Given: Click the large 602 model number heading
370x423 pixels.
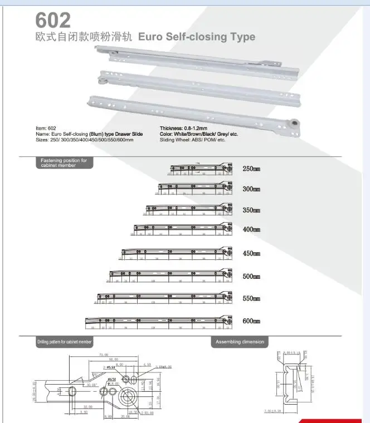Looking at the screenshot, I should [x=53, y=20].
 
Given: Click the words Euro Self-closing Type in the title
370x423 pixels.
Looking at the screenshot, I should [x=196, y=37].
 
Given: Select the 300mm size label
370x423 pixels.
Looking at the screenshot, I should [x=251, y=189].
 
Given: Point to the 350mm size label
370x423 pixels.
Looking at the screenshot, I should [x=251, y=210].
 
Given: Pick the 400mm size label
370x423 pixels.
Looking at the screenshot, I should [x=251, y=229].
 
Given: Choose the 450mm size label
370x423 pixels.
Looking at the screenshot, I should [x=251, y=253].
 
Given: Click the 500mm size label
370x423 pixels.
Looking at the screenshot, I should [x=251, y=276].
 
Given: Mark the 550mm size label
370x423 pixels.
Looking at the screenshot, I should [x=251, y=298].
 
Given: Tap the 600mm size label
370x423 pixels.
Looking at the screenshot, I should [x=251, y=322].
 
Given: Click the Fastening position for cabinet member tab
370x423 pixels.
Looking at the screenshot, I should [x=64, y=163].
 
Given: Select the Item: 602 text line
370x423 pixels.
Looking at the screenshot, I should [x=46, y=129].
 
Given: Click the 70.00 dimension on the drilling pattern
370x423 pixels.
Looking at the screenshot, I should [x=103, y=355].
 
